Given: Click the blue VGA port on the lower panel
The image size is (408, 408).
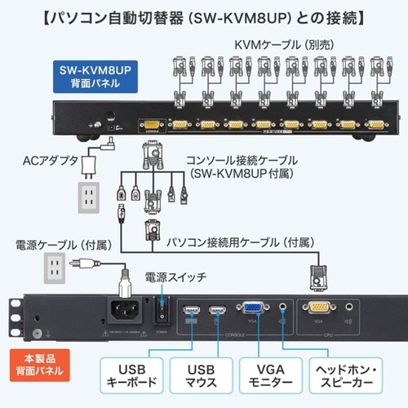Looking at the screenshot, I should [x=251, y=310].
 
